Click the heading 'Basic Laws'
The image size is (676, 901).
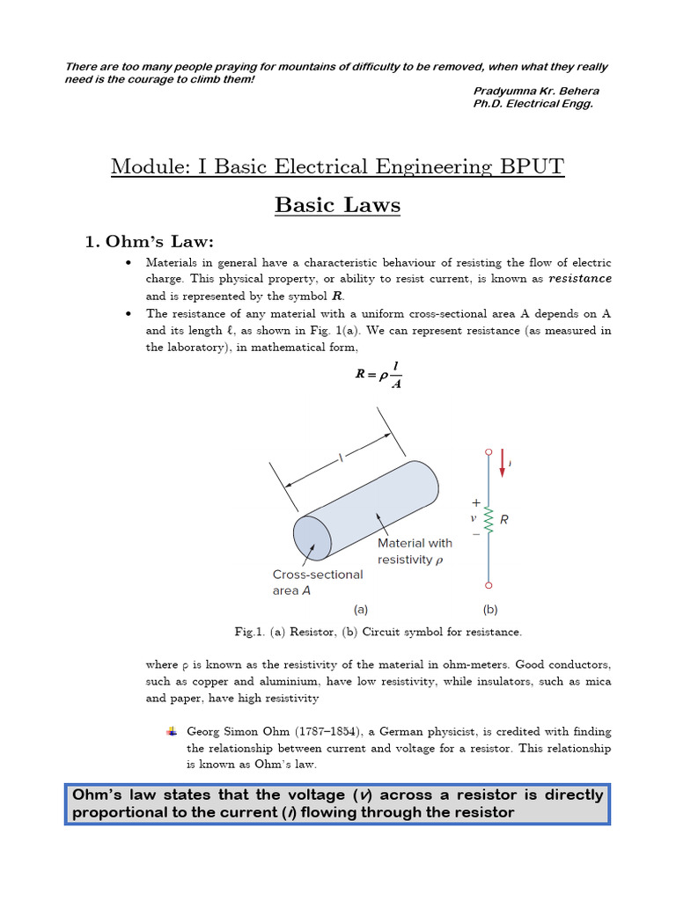pyautogui.click(x=337, y=205)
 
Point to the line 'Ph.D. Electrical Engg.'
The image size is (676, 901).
pyautogui.click(x=533, y=104)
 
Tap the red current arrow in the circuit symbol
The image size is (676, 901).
pyautogui.click(x=502, y=462)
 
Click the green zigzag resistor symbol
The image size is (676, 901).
pyautogui.click(x=489, y=519)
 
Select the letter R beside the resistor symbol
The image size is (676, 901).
pyautogui.click(x=504, y=520)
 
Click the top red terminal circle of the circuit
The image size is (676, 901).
pyautogui.click(x=489, y=452)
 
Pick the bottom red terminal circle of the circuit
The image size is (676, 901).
pyautogui.click(x=489, y=584)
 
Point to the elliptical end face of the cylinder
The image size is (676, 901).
pyautogui.click(x=312, y=536)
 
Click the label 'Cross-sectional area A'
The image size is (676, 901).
pyautogui.click(x=317, y=582)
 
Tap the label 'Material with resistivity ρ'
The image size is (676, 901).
pyautogui.click(x=414, y=552)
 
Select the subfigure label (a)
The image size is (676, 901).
pyautogui.click(x=361, y=608)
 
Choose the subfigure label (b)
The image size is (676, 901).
pyautogui.click(x=489, y=608)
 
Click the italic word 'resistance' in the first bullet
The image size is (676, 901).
pyautogui.click(x=579, y=279)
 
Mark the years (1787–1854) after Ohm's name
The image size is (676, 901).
pyautogui.click(x=316, y=732)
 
